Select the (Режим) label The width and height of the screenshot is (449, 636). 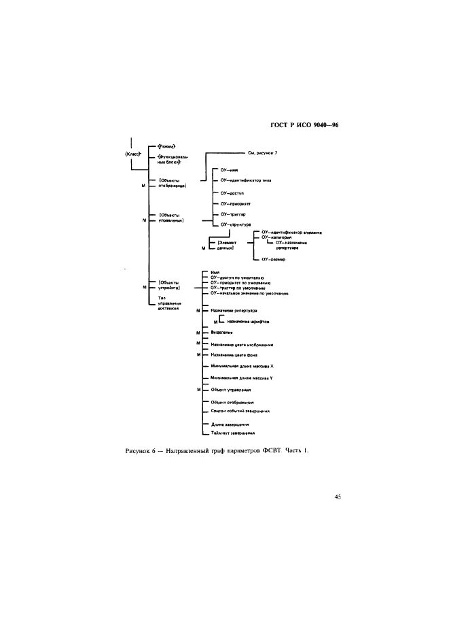pyautogui.click(x=166, y=146)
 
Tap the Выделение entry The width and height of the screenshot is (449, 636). pyautogui.click(x=222, y=333)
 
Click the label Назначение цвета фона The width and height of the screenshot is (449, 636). pyautogui.click(x=235, y=354)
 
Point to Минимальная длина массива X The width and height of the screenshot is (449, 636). pyautogui.click(x=242, y=366)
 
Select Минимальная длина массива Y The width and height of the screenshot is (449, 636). pyautogui.click(x=242, y=377)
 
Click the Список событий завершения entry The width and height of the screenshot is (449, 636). pyautogui.click(x=240, y=411)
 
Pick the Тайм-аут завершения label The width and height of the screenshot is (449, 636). pyautogui.click(x=233, y=433)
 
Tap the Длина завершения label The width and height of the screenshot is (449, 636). pyautogui.click(x=228, y=424)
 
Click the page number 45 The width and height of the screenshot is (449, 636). pyautogui.click(x=337, y=497)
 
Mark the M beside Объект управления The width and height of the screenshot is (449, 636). pyautogui.click(x=198, y=390)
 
